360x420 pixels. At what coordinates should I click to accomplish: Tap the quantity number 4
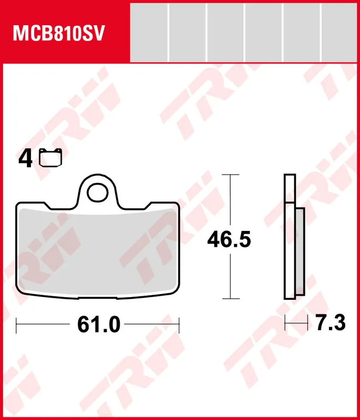click(x=25, y=158)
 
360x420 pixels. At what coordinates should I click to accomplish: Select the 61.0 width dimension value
click(x=99, y=325)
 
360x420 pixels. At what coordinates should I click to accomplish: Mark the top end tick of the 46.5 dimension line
click(x=230, y=174)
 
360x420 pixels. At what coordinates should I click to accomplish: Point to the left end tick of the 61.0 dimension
click(x=17, y=325)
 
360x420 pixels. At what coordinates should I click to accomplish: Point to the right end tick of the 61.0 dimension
click(x=179, y=325)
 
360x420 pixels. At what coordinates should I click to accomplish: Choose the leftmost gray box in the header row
click(x=149, y=32)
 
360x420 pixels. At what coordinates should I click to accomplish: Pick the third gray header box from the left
click(x=225, y=32)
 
